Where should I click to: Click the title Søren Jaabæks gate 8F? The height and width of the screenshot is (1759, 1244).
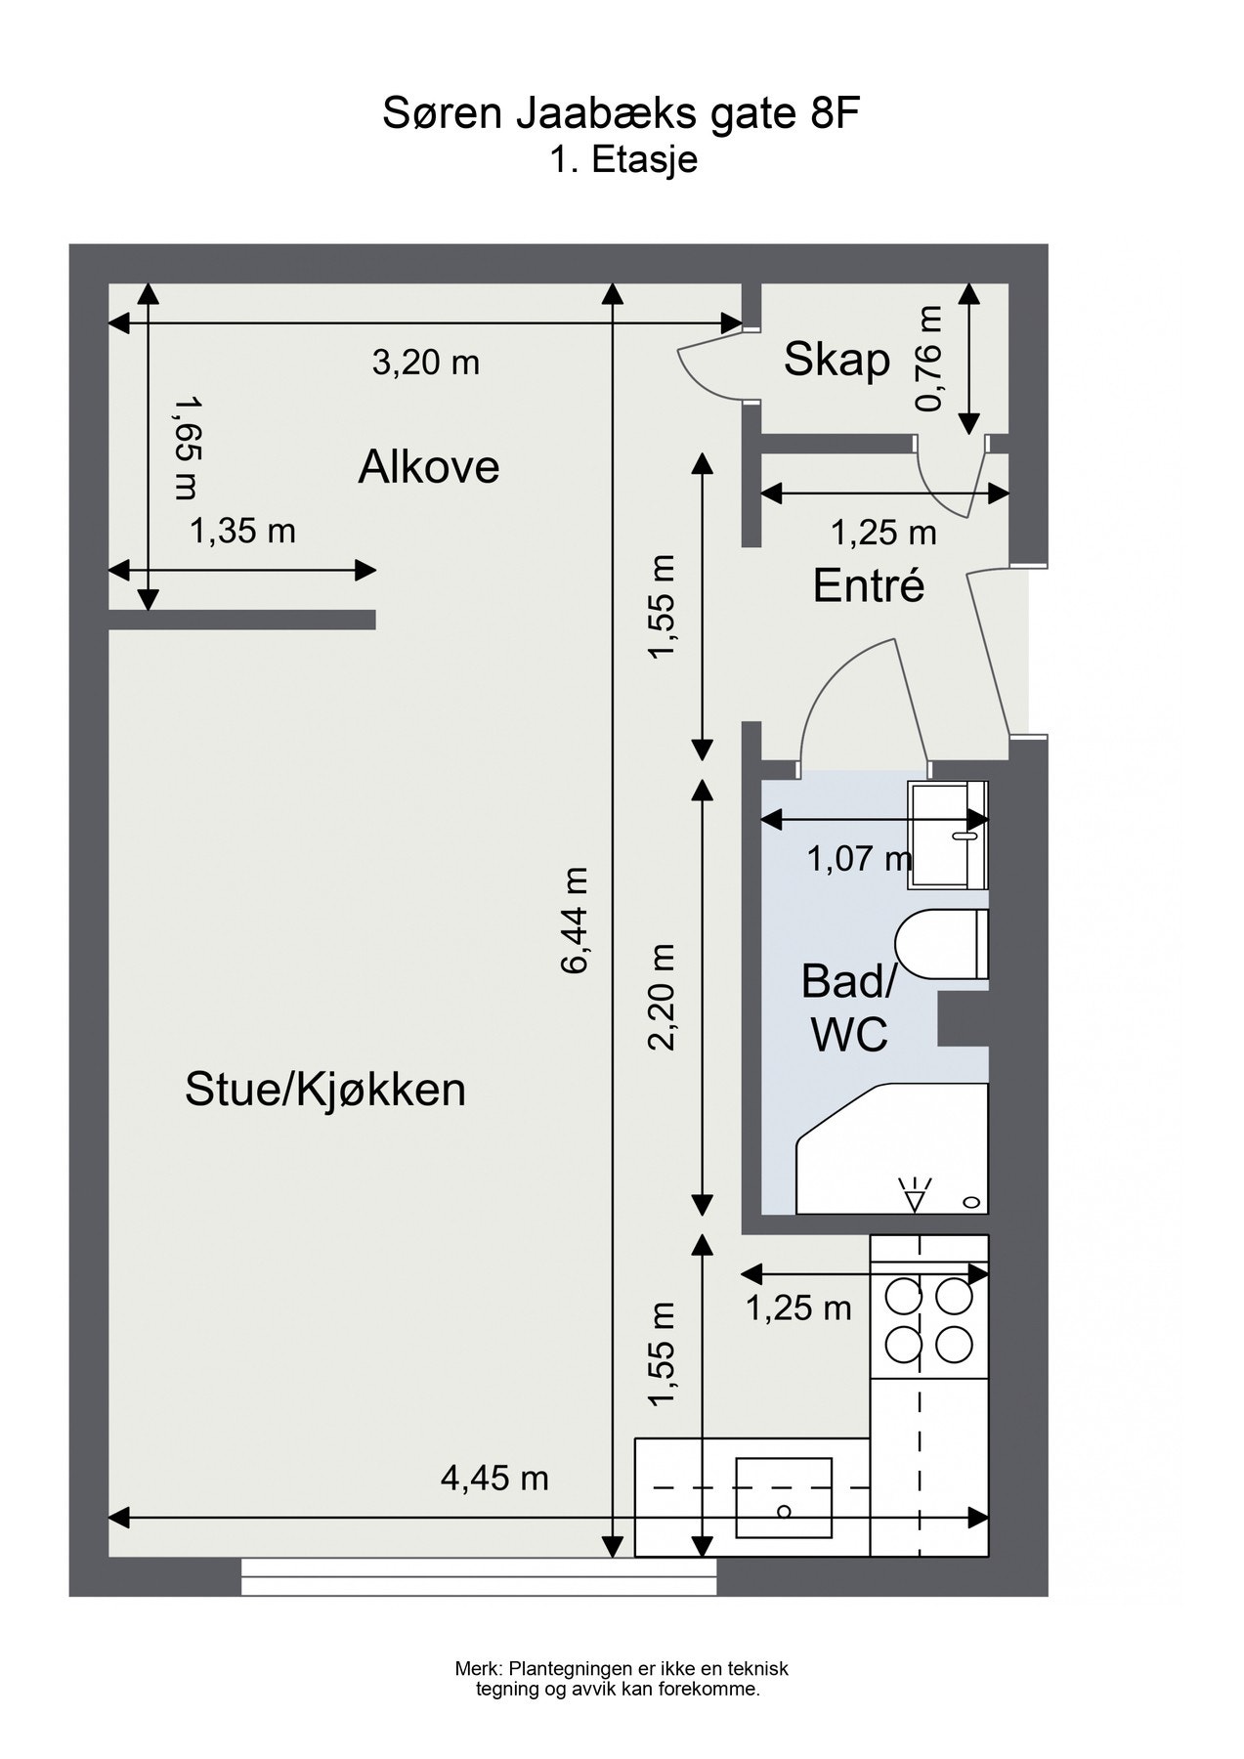621,115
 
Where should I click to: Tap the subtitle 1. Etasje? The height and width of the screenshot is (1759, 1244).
623,159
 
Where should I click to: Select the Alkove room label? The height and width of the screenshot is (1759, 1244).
428,467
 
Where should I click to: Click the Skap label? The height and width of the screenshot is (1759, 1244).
836,360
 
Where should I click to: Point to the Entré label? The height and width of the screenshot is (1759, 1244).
869,585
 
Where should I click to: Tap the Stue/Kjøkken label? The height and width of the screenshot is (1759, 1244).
325,1090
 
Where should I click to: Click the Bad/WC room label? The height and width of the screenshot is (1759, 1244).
846,1008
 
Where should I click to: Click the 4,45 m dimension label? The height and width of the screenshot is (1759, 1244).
494,1479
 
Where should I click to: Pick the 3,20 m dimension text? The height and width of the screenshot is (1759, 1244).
426,364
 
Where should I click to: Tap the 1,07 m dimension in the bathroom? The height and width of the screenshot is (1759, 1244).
858,859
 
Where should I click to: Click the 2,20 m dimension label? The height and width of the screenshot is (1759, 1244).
664,996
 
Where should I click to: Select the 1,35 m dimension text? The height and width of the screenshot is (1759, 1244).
242,532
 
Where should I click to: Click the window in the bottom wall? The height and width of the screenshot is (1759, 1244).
479,1576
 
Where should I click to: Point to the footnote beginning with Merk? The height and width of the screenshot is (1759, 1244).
622,1679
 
